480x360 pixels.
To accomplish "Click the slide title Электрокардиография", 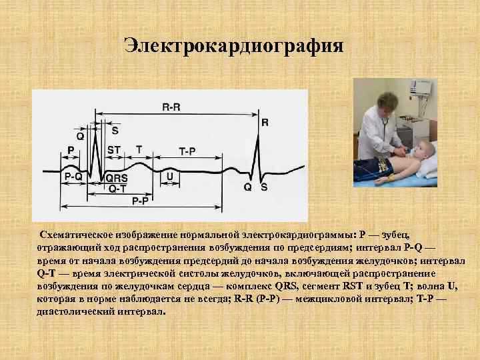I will tap(234, 46).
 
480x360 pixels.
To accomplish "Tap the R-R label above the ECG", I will tap(171, 107).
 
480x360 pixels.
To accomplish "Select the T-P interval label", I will tap(187, 151).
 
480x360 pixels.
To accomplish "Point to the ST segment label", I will tap(113, 150).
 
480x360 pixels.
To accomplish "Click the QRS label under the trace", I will tap(117, 179).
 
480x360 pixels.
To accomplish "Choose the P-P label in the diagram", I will tap(140, 200).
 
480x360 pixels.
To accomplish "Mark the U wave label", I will tap(170, 177).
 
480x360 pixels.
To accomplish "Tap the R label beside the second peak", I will tap(265, 123).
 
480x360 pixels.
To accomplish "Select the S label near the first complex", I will tap(115, 130).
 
